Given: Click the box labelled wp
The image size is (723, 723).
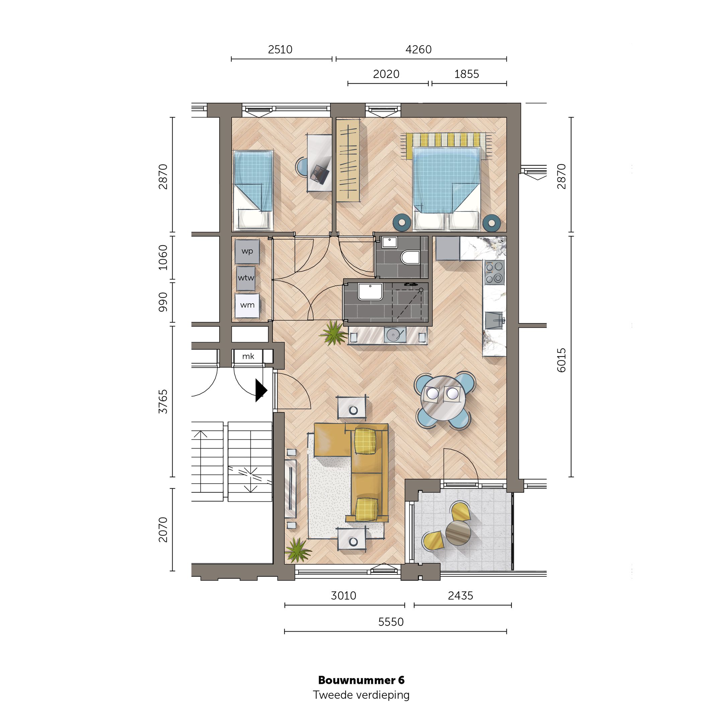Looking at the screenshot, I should (x=247, y=251).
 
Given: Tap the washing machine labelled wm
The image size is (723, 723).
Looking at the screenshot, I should (x=247, y=305).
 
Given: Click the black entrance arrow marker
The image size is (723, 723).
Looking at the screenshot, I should (x=261, y=390).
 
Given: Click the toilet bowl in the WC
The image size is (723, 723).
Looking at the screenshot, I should (x=410, y=257).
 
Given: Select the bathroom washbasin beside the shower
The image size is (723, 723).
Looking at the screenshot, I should (x=370, y=292).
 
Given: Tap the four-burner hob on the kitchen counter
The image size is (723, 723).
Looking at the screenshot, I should (x=494, y=272).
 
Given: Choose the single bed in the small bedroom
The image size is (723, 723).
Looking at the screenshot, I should (x=253, y=190).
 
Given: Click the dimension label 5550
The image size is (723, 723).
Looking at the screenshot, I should (x=391, y=622).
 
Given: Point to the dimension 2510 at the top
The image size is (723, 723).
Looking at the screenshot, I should (x=280, y=50).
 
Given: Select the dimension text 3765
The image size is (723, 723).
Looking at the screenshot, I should (x=163, y=402).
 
